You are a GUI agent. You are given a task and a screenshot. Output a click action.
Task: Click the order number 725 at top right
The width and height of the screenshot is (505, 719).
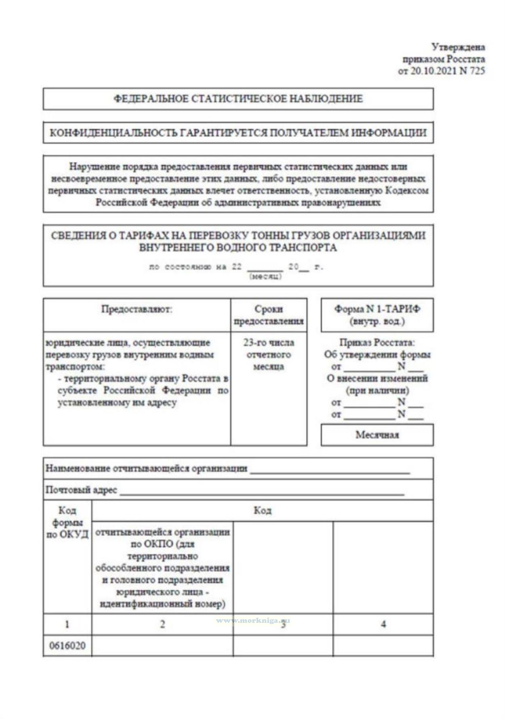tap(477, 71)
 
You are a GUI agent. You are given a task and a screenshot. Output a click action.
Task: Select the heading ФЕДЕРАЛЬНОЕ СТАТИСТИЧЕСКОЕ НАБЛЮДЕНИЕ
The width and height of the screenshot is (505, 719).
tap(238, 99)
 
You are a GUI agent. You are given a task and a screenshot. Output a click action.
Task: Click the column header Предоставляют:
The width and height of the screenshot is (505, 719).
tap(137, 309)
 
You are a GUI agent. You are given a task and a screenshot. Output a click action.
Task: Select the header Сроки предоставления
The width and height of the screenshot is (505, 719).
tap(269, 315)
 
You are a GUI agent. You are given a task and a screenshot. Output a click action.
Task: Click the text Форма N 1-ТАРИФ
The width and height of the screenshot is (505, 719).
tap(377, 309)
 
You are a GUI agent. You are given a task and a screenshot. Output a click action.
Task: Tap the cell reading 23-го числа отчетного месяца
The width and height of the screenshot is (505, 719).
tap(269, 355)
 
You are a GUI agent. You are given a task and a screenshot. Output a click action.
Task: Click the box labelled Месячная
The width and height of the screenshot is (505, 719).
tap(377, 435)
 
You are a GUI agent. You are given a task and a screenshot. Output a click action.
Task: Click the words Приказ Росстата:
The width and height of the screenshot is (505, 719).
tap(377, 343)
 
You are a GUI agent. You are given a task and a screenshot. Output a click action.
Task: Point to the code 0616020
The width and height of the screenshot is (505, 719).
tap(67, 646)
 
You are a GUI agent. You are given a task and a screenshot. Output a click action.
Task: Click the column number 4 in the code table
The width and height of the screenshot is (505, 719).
tap(383, 624)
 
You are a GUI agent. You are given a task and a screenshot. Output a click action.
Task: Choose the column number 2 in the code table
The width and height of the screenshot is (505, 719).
tap(162, 624)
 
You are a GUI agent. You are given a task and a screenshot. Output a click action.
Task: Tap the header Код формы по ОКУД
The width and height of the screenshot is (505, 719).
tap(67, 522)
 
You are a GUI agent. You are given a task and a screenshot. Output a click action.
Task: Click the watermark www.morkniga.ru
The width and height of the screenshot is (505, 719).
tap(253, 620)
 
